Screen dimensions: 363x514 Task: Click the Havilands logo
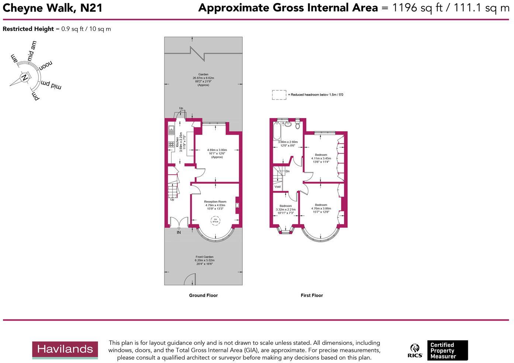click(x=65, y=350)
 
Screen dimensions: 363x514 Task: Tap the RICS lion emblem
click(x=415, y=350)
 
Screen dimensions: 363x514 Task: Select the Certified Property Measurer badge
click(x=447, y=350)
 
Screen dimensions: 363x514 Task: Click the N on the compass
click(x=25, y=78)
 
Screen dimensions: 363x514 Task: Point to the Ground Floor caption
click(x=203, y=295)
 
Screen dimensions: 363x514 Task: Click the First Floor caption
click(x=312, y=295)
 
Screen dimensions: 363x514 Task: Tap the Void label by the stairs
click(x=277, y=187)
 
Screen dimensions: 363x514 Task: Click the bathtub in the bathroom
click(x=277, y=130)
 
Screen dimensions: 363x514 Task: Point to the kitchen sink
click(x=171, y=129)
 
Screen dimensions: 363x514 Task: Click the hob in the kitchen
click(x=171, y=145)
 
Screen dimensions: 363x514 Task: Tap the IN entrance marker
click(x=179, y=232)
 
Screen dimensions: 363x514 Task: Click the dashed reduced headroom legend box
click(x=279, y=95)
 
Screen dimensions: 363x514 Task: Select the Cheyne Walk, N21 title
click(x=53, y=8)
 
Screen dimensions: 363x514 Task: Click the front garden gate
click(x=190, y=279)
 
